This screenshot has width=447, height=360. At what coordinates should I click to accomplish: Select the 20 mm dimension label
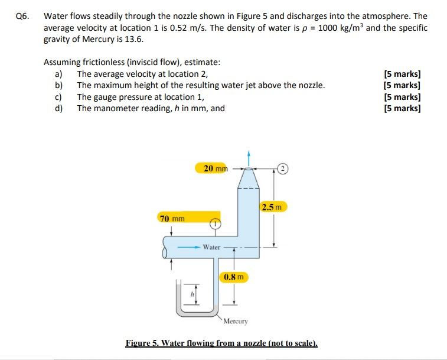[x=216, y=168]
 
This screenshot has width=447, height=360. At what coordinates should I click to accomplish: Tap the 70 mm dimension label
[x=172, y=219]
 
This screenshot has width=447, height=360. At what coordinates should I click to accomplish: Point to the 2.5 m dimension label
[x=272, y=207]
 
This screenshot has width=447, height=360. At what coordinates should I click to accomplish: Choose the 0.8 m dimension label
[x=234, y=277]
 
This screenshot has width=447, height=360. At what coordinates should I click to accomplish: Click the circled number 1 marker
[x=216, y=224]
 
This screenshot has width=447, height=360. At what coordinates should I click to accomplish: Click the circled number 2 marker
[x=282, y=168]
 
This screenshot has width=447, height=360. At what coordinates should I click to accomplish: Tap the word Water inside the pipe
[x=211, y=247]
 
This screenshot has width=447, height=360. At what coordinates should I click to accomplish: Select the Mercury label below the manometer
[x=236, y=322]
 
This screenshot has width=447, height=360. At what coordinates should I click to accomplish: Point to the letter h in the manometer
[x=191, y=293]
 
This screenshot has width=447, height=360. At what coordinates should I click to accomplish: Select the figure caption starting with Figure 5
[x=221, y=343]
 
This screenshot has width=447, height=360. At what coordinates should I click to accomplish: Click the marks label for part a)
[x=402, y=74]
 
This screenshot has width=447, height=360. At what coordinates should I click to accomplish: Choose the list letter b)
[x=58, y=85]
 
